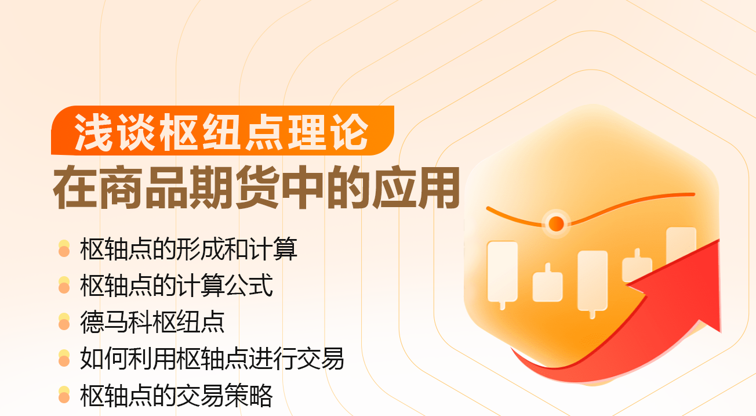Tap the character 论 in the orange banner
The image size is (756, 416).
coord(350,132)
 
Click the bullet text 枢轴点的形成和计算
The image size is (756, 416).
coord(188,249)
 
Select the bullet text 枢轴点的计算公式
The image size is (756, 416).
coord(176,285)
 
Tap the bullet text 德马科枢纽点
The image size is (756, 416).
coord(152,322)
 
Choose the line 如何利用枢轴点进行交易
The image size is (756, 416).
coord(212,359)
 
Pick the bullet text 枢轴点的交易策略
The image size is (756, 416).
coord(176,395)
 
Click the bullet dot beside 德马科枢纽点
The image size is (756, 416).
coord(64,321)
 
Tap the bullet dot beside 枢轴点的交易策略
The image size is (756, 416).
coord(64,395)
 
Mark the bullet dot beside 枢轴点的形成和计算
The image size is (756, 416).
coord(64,248)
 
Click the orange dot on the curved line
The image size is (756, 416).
coord(556,223)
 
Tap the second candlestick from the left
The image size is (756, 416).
coord(547,284)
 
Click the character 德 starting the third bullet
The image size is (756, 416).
coord(92,322)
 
